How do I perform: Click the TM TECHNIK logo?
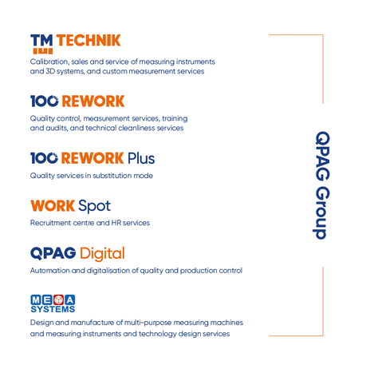point(76,44)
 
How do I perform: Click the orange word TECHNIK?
point(89,41)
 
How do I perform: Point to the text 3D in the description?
point(50,71)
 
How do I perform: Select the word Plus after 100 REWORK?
point(141,158)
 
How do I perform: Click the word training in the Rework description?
point(175,118)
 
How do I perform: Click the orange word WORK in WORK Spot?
point(53,206)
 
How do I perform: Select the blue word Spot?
point(95,206)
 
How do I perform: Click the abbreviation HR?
point(116,223)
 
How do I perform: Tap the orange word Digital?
point(102,254)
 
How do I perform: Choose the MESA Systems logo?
point(53,304)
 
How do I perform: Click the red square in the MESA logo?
point(58,300)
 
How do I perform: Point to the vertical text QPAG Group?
point(322,185)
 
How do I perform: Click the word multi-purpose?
point(148,323)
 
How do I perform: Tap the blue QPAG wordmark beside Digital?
point(53,253)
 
